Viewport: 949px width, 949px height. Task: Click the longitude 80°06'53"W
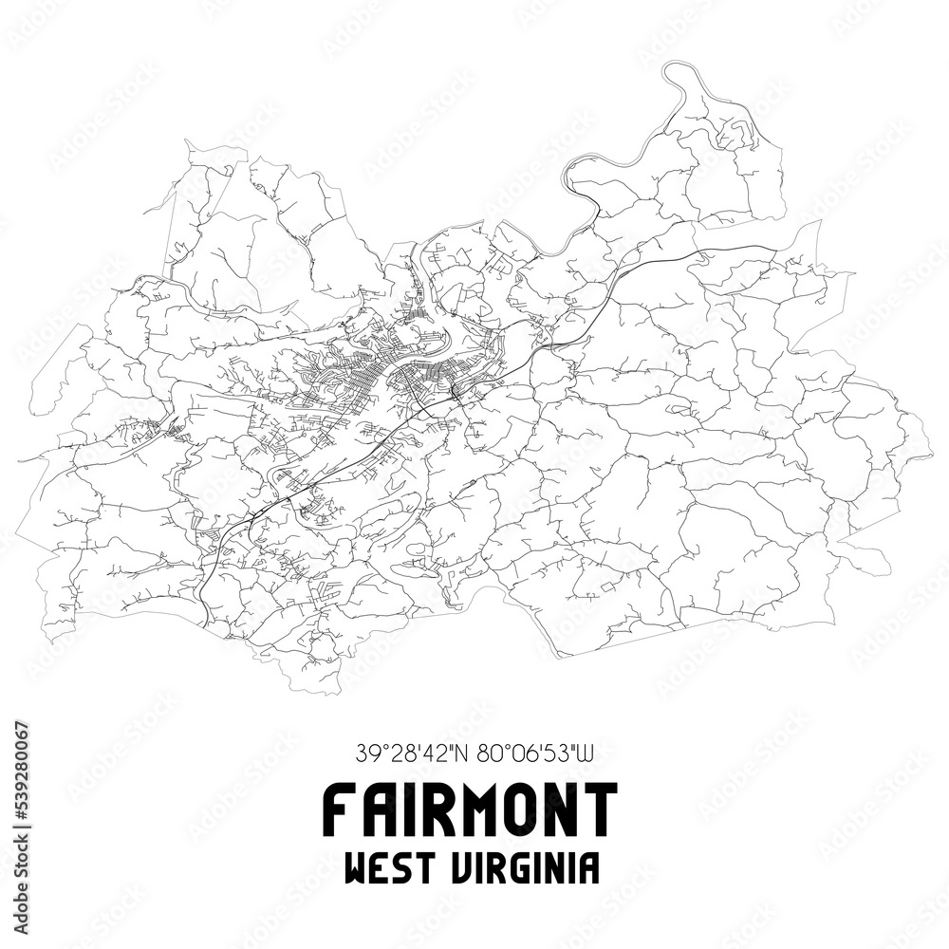[534, 755]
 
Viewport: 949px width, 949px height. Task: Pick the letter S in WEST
[403, 867]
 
